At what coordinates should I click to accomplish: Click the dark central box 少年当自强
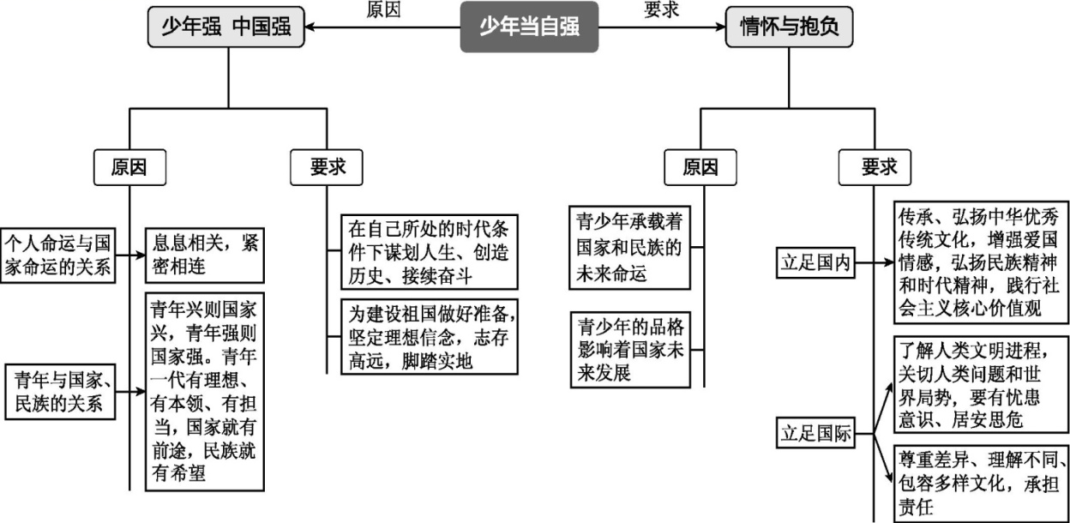(528, 27)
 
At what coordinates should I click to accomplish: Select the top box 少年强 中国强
(227, 27)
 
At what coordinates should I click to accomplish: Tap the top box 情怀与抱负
(789, 27)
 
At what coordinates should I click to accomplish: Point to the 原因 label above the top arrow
(382, 10)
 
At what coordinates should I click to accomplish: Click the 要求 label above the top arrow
(661, 10)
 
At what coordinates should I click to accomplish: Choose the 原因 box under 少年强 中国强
(129, 168)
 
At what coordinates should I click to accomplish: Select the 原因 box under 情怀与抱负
(700, 168)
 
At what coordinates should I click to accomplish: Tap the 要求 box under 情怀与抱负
(875, 168)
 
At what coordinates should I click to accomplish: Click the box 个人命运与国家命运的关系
(58, 254)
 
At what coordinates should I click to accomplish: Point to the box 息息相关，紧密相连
(201, 255)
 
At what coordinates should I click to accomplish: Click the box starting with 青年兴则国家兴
(202, 391)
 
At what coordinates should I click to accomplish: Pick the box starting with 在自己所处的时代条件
(429, 251)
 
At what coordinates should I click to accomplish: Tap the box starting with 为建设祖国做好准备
(429, 337)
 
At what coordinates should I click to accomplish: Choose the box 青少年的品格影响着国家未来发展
(630, 350)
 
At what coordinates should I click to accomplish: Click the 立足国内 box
(815, 263)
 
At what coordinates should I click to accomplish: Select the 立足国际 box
(815, 433)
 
